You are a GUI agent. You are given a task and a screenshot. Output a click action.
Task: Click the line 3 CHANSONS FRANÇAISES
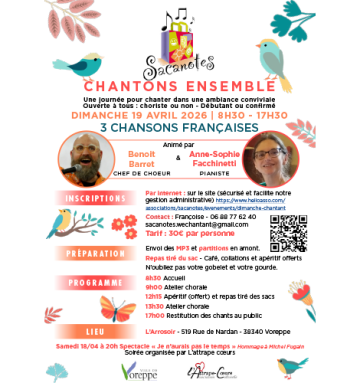click(179, 129)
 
